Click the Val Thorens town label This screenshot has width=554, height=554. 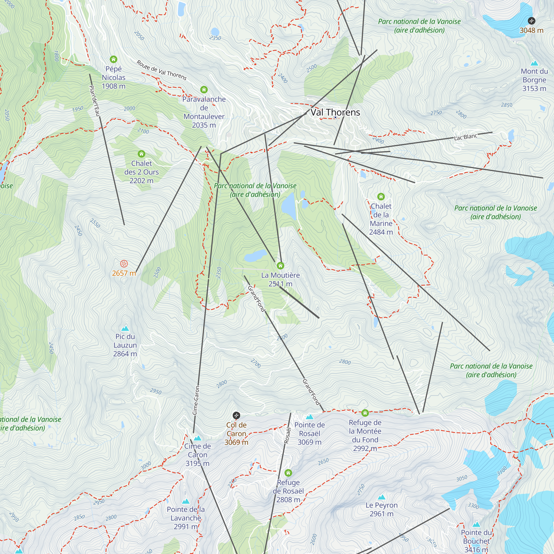click(x=335, y=112)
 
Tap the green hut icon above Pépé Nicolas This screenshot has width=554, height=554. click(x=114, y=59)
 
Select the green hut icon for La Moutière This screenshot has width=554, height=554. click(x=280, y=266)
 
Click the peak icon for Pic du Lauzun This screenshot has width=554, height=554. click(x=125, y=328)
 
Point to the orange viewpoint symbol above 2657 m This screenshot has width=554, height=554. click(x=124, y=263)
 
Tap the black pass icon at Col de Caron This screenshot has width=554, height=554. click(x=236, y=415)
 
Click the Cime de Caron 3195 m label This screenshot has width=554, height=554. click(x=197, y=455)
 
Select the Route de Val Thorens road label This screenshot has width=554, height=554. click(x=161, y=70)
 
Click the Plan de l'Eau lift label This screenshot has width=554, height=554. click(x=94, y=101)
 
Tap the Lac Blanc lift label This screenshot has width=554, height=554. click(x=466, y=137)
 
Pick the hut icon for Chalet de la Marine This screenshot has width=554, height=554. click(x=381, y=196)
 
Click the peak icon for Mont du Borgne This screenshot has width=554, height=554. click(x=534, y=63)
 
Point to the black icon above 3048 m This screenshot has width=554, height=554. click(x=531, y=21)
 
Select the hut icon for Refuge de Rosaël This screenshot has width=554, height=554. click(x=288, y=473)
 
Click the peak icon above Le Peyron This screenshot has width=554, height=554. click(x=381, y=497)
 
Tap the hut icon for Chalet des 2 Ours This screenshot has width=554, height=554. click(x=141, y=154)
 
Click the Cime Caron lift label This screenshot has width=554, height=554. click(x=196, y=400)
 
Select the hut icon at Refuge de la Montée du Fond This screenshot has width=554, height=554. click(x=365, y=413)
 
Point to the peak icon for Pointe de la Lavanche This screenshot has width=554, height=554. click(x=186, y=501)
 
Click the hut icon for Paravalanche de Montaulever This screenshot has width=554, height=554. click(x=204, y=90)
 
